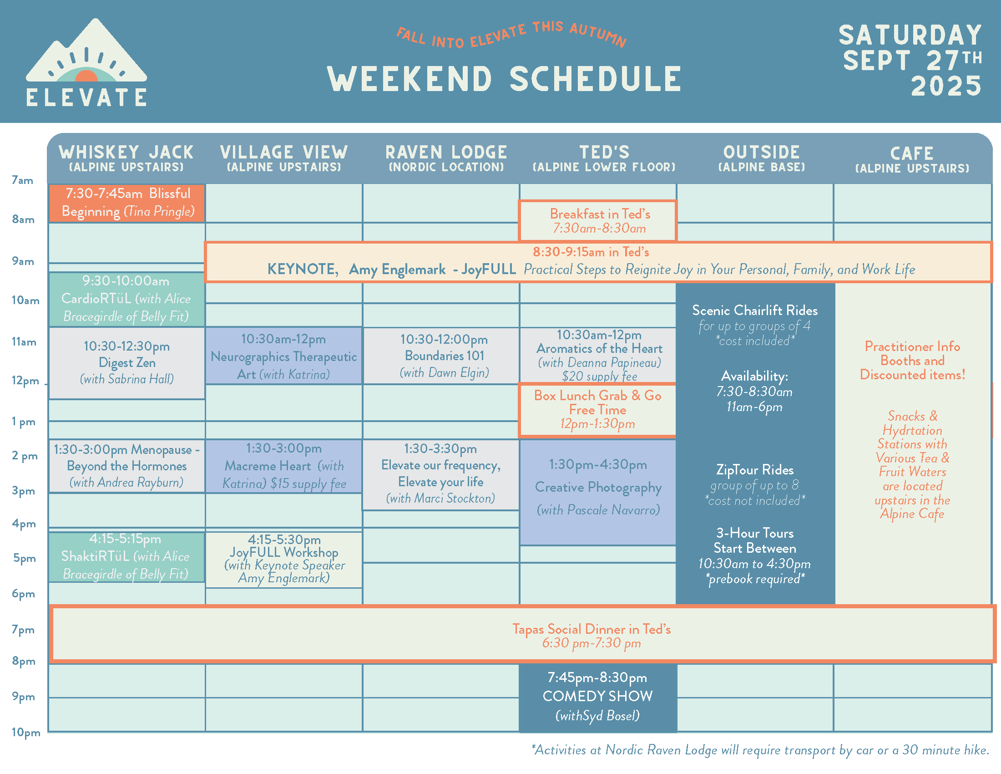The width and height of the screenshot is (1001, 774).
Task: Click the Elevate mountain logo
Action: coord(86,63)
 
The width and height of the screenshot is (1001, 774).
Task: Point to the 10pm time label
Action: coord(25,732)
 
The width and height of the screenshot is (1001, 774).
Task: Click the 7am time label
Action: coord(22,180)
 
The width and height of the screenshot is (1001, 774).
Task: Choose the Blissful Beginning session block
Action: coord(127,203)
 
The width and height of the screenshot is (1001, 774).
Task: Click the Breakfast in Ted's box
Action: coord(598,220)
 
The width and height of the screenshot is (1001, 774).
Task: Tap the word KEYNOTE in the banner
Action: coord(303,269)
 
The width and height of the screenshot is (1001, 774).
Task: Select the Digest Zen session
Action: coord(127,363)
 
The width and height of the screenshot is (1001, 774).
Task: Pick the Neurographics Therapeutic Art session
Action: coord(284,356)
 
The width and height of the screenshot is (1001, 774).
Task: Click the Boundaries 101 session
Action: coord(444,356)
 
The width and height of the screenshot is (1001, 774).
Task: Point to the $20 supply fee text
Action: coord(600,377)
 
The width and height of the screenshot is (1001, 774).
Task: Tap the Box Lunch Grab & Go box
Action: coord(598,409)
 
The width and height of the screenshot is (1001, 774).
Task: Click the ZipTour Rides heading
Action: coord(755,469)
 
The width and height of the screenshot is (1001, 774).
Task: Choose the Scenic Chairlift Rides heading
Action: coord(755,311)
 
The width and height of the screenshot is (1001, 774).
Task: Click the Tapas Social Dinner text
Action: coord(591,629)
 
